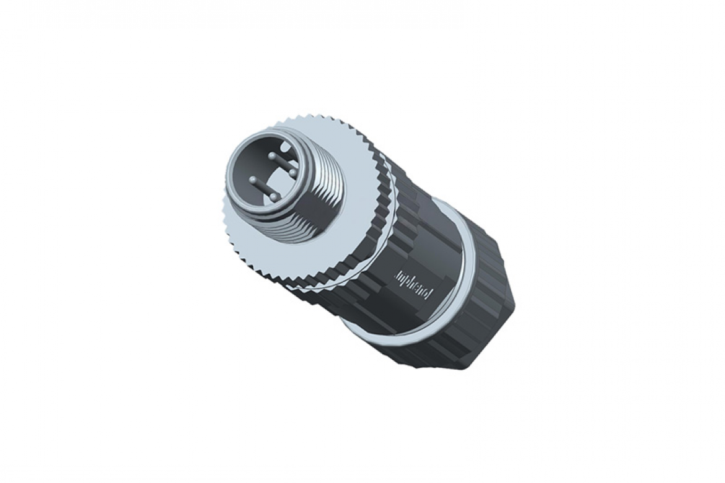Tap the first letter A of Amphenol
point(397,273)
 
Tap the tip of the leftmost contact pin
point(253,180)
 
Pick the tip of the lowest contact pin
point(273,196)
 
